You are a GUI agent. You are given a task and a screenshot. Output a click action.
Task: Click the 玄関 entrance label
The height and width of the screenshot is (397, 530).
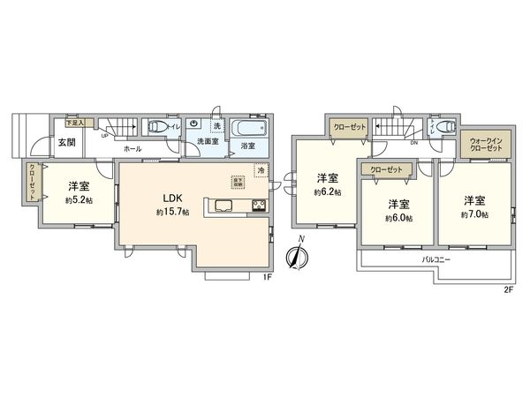point(67,142)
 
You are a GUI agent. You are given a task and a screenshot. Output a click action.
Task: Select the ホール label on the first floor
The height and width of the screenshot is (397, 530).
point(133,149)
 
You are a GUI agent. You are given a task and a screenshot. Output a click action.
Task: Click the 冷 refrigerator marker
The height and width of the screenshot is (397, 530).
point(261,170)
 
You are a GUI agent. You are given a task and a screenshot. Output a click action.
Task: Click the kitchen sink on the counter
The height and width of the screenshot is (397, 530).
point(221,207)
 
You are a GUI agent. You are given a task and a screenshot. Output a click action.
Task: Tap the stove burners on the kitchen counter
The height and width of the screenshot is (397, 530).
point(259,207)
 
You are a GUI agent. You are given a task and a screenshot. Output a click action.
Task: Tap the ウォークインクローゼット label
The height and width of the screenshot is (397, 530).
point(485,145)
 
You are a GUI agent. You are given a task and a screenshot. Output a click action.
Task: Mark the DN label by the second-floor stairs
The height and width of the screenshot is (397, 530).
point(413,143)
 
